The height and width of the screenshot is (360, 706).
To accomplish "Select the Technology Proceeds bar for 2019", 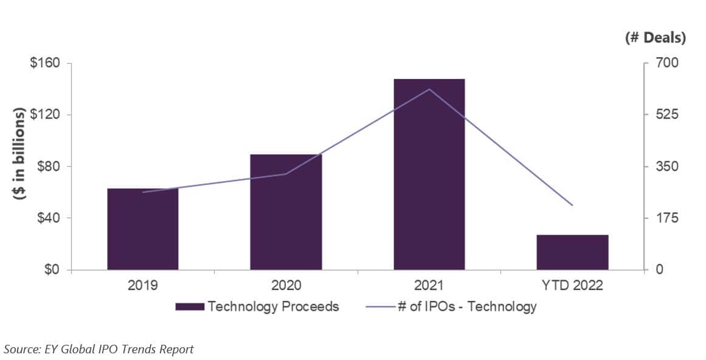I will tap(143, 229).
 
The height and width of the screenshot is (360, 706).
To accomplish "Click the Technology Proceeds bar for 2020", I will tap(286, 212).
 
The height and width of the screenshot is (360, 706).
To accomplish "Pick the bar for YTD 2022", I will tap(572, 252).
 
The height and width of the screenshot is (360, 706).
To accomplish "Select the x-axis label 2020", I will tap(286, 285).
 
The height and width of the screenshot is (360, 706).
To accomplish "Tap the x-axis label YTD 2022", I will tap(572, 285).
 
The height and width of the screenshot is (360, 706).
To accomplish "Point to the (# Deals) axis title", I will tap(655, 38).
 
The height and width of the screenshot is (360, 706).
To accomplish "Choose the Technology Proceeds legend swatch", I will tap(190, 306).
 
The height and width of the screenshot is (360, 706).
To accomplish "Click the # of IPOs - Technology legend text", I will tap(467, 306).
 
